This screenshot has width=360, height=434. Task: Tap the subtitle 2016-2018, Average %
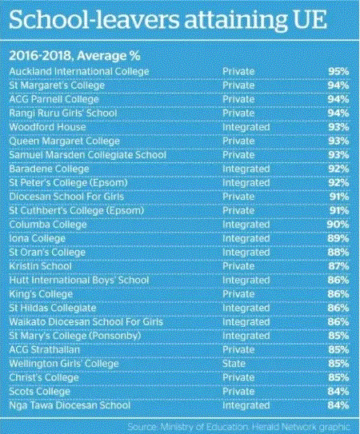coord(75,56)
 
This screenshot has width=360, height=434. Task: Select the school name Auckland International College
coord(79,71)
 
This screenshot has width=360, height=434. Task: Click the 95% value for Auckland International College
coord(338,71)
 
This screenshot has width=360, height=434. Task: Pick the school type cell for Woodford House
coord(246,127)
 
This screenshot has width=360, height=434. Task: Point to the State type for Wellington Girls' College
coord(234,364)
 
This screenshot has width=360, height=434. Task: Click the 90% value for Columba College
coord(338,225)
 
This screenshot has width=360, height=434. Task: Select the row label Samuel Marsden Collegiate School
coord(87,155)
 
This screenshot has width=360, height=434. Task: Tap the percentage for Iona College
coord(338,238)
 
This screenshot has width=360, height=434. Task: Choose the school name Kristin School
coord(41,266)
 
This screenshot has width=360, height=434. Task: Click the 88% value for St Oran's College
coord(338,252)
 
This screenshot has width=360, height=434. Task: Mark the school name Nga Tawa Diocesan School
coord(70,405)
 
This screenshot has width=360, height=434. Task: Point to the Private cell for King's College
coord(238,294)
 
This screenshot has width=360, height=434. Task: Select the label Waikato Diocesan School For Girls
coord(86,322)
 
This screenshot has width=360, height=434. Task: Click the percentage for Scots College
coord(338,392)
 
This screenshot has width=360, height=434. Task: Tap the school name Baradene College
coord(49,169)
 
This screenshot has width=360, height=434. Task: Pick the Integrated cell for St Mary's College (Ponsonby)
coord(246,336)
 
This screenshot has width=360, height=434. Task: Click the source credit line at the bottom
coord(238,427)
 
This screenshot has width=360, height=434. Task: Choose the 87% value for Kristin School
coord(338,266)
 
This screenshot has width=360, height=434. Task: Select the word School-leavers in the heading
coord(94,20)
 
